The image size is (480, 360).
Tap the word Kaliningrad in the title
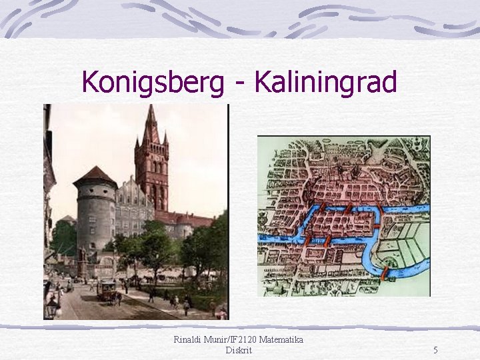pos(325,83)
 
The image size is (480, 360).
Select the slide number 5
pos(435,350)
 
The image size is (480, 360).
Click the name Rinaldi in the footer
pos(190,339)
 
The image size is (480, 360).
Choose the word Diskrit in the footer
pos(239,350)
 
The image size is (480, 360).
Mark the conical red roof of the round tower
pos(95,177)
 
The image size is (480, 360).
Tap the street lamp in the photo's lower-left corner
pos(52,308)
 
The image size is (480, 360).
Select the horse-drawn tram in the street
pos(107,289)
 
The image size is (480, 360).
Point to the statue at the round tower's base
pos(82,257)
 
